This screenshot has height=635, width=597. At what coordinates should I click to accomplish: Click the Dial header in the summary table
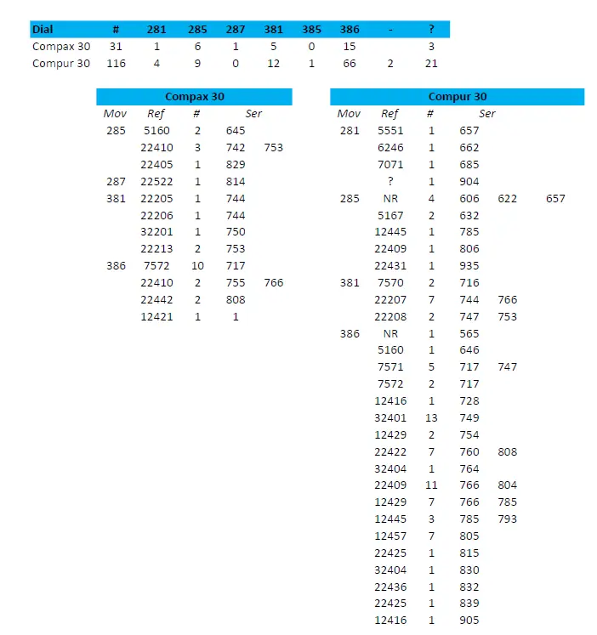(43, 30)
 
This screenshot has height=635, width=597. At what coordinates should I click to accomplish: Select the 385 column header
(311, 30)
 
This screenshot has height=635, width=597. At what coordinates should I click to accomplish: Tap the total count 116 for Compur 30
(116, 64)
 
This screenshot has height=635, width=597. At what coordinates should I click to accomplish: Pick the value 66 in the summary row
(349, 64)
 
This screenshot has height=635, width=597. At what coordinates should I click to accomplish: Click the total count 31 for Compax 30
(116, 47)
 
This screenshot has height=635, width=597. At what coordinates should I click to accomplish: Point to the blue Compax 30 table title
(194, 97)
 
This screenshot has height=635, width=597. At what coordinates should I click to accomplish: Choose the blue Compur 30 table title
(457, 97)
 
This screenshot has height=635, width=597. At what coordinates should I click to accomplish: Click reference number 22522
(156, 181)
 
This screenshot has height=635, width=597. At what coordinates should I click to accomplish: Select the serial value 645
(236, 131)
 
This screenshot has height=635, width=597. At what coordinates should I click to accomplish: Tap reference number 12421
(156, 316)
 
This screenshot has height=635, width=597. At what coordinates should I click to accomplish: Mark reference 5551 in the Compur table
(390, 131)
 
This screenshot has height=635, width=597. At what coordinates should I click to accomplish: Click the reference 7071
(390, 164)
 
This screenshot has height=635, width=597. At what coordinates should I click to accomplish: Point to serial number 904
(469, 181)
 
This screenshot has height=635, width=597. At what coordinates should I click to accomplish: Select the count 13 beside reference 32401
(430, 417)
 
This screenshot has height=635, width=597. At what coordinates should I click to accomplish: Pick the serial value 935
(469, 265)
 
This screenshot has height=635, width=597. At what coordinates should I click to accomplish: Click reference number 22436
(390, 587)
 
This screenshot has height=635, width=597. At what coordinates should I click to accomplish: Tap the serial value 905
(469, 621)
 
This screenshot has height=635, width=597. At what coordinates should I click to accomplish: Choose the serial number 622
(508, 198)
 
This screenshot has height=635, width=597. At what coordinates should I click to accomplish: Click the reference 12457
(390, 536)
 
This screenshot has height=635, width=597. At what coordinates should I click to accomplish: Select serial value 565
(469, 333)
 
